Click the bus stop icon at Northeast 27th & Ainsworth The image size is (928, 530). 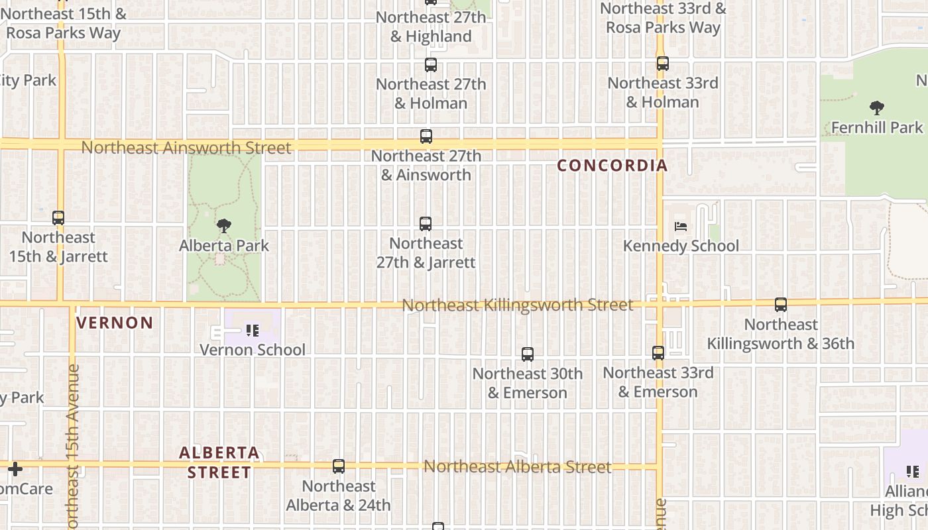point(426,136)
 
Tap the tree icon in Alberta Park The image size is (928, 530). point(224,226)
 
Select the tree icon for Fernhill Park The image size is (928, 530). point(877,108)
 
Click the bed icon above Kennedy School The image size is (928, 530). point(681,227)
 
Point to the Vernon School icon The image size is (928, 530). point(252,330)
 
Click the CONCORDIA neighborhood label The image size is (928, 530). point(612,166)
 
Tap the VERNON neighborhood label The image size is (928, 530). point(115,323)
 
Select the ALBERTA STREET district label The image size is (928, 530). point(219,462)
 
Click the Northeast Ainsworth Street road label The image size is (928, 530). point(186,148)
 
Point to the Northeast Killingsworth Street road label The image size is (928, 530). point(517,305)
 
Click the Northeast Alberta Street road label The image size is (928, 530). point(517,467)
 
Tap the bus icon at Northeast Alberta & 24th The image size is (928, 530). point(339,466)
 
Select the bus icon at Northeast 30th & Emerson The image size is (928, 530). point(528,354)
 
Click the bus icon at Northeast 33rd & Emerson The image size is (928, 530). point(658,353)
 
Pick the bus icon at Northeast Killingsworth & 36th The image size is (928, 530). point(781,305)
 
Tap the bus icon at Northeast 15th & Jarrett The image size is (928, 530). point(58,218)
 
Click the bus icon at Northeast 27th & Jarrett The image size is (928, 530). point(426,224)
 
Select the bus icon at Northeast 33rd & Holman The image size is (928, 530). point(663,64)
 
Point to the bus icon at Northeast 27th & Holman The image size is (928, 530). point(431,65)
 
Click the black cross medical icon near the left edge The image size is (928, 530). point(15,469)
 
